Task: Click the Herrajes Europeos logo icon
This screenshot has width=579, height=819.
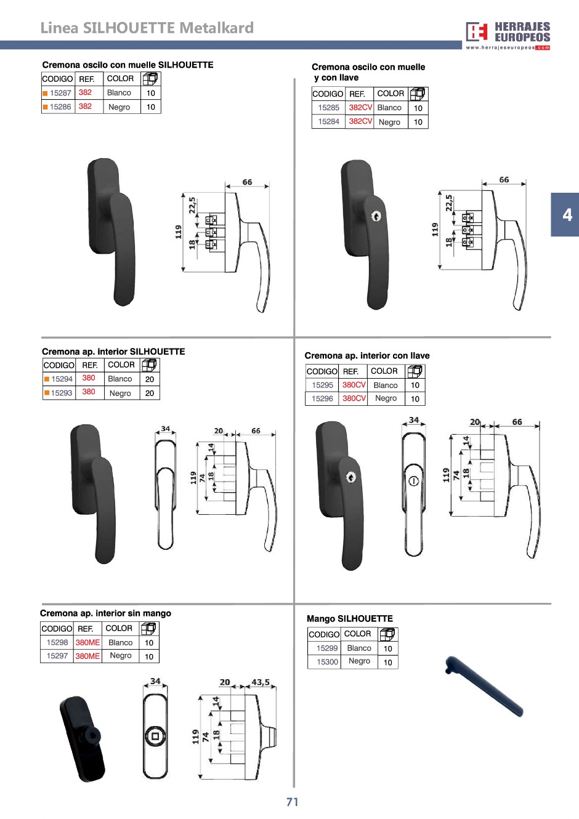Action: coord(477,32)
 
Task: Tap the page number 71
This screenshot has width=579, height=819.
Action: coord(292,802)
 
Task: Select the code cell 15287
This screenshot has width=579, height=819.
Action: coord(60,93)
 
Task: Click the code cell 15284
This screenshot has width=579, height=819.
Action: coord(329,121)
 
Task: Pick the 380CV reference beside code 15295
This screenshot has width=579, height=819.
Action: coord(354,385)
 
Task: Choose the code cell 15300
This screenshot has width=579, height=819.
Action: coord(327,662)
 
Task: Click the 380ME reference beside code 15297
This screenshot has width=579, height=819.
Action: coord(87,656)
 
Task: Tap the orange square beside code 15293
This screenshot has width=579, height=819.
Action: coord(47,393)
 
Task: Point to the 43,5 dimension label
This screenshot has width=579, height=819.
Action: coord(261,682)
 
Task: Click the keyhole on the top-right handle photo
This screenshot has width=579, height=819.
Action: coord(376,217)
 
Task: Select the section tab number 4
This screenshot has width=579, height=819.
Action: coord(567,215)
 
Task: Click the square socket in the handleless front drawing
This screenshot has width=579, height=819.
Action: coord(155,736)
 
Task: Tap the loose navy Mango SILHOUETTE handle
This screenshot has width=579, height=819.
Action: coord(484,686)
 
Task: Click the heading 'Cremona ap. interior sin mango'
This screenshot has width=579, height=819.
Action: coord(105,613)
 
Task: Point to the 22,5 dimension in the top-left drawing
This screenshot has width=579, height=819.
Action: coord(192,206)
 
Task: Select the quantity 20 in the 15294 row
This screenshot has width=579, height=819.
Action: coord(150,379)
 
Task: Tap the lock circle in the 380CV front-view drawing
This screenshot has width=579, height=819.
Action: coord(413,481)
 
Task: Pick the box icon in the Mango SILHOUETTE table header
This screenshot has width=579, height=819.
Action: coord(387,634)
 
